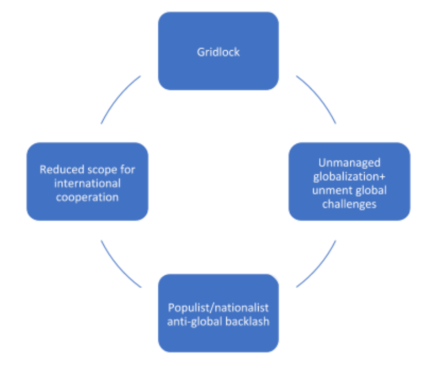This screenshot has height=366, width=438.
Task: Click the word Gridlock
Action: pyautogui.click(x=218, y=52)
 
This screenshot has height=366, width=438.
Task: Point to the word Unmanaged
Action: pyautogui.click(x=349, y=163)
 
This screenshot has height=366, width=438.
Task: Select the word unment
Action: pyautogui.click(x=330, y=190)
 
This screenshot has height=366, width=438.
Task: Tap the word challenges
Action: pyautogui.click(x=349, y=204)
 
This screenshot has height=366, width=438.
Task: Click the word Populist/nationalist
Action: pyautogui.click(x=218, y=308)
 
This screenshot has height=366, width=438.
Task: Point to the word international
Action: pyautogui.click(x=87, y=183)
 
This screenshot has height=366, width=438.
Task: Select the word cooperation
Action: pyautogui.click(x=87, y=197)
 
